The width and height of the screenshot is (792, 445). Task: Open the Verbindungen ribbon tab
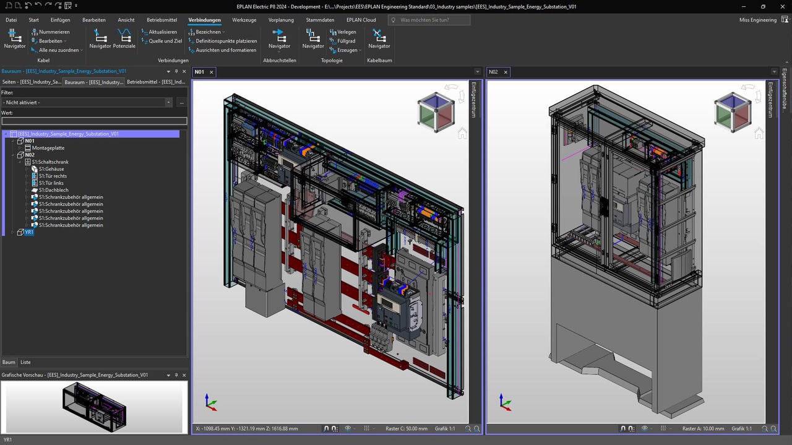click(x=204, y=20)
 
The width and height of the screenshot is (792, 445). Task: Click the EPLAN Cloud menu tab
click(x=361, y=20)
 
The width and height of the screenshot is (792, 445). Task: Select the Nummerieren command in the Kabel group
click(x=54, y=32)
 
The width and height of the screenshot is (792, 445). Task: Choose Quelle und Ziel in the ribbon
click(x=165, y=41)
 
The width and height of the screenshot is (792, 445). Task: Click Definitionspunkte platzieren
click(x=226, y=41)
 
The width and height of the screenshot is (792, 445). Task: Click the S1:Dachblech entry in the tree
click(x=53, y=190)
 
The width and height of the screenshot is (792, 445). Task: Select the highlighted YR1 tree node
click(x=29, y=232)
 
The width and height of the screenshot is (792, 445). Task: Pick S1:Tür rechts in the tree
click(x=53, y=176)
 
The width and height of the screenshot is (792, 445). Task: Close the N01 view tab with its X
click(x=211, y=72)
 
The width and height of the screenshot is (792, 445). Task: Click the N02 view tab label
click(x=493, y=72)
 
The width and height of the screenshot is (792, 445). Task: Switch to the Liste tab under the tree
click(x=25, y=362)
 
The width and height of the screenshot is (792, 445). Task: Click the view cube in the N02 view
click(x=732, y=112)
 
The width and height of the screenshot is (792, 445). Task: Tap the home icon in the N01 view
click(x=462, y=134)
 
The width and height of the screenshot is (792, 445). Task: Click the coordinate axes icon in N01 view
click(x=210, y=402)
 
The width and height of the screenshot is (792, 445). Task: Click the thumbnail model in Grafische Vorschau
click(x=94, y=406)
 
